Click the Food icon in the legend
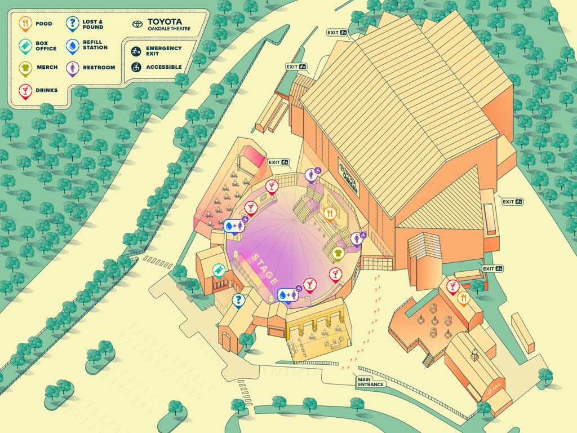point(25,23)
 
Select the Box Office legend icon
point(25,45)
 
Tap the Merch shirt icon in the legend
point(25,68)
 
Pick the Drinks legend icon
point(25,90)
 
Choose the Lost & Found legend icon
point(72,23)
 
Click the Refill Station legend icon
point(72,45)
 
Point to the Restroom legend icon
point(72,68)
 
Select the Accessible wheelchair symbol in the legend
point(136,67)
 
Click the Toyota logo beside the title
point(137,24)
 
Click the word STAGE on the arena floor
point(264,269)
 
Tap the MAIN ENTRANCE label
point(371,382)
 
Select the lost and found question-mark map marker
point(238,299)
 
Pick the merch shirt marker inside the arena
point(338,253)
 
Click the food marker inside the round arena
point(330,213)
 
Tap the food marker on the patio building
point(463,298)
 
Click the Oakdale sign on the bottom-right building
point(495,389)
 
